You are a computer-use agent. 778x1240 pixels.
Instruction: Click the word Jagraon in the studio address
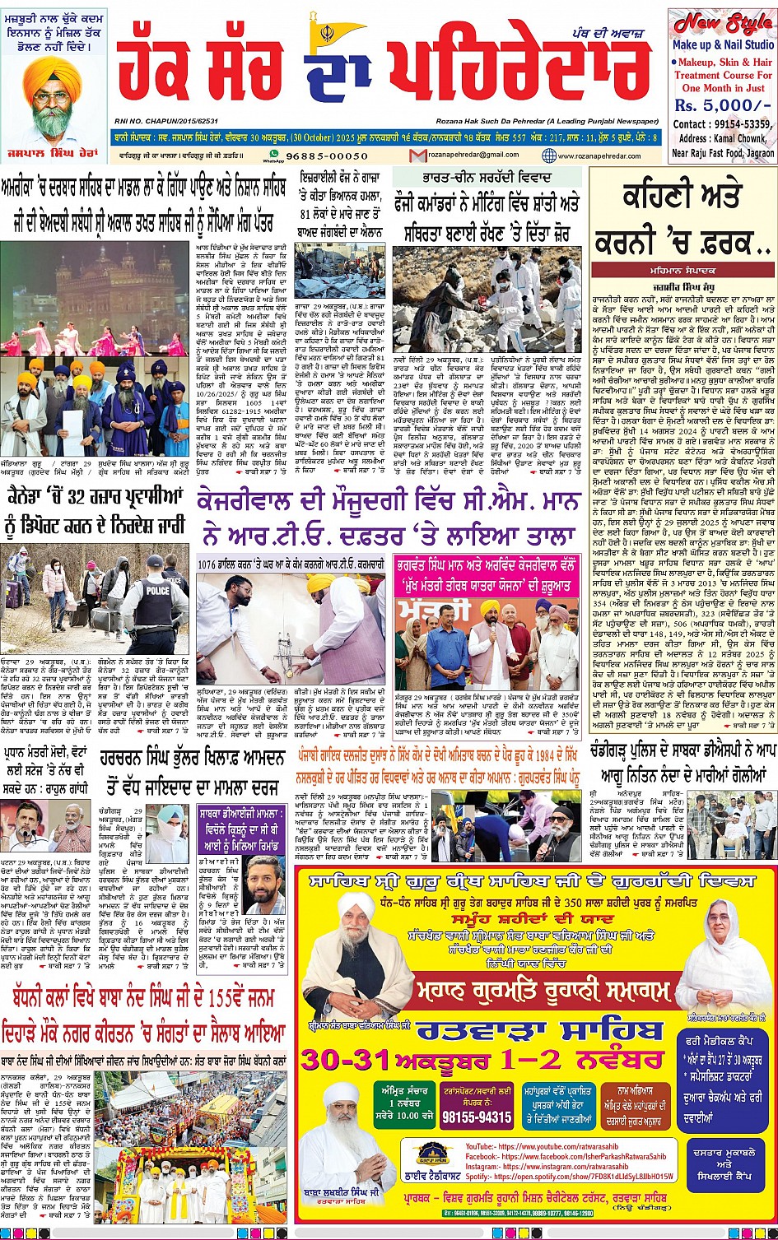click(x=756, y=153)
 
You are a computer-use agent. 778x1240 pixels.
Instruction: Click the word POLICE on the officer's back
click(x=156, y=579)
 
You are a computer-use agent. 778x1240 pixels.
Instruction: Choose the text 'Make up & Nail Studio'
click(x=722, y=45)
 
